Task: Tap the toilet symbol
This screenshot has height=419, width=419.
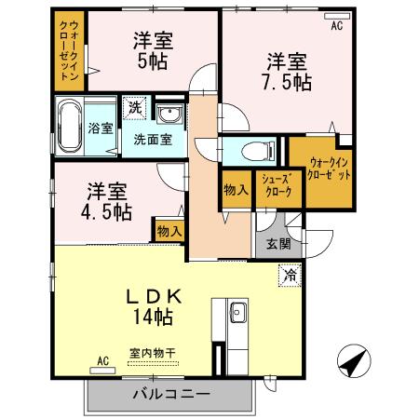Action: (x=255, y=151)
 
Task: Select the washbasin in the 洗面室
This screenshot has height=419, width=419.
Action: (x=169, y=115)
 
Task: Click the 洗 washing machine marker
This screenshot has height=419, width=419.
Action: (x=136, y=108)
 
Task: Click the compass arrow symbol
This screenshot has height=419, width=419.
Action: (x=349, y=360)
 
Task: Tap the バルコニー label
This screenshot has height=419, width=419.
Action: (x=169, y=393)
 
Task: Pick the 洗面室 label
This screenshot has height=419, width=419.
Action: (x=151, y=141)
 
